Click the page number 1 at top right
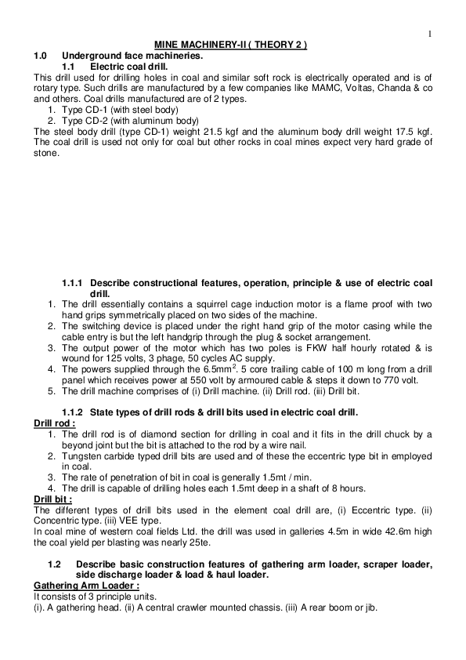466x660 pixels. coord(431,33)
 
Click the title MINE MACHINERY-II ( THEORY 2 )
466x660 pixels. coord(230,45)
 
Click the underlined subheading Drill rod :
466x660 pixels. coord(55,422)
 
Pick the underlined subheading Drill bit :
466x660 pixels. coord(52,498)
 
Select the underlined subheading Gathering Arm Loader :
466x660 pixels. coord(87,585)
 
